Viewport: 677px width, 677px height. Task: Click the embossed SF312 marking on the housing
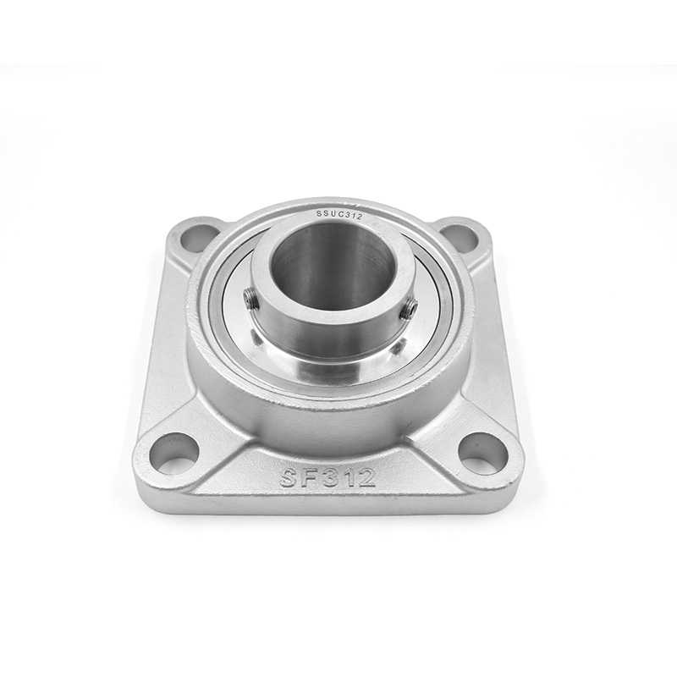(x=327, y=477)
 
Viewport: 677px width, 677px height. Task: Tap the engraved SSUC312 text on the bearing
(x=339, y=215)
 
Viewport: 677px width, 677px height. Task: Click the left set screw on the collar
(x=249, y=299)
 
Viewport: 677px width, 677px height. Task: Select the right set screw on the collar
(x=408, y=309)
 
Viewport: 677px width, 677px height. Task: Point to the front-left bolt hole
(x=171, y=450)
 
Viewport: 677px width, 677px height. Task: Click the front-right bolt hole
(x=480, y=449)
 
